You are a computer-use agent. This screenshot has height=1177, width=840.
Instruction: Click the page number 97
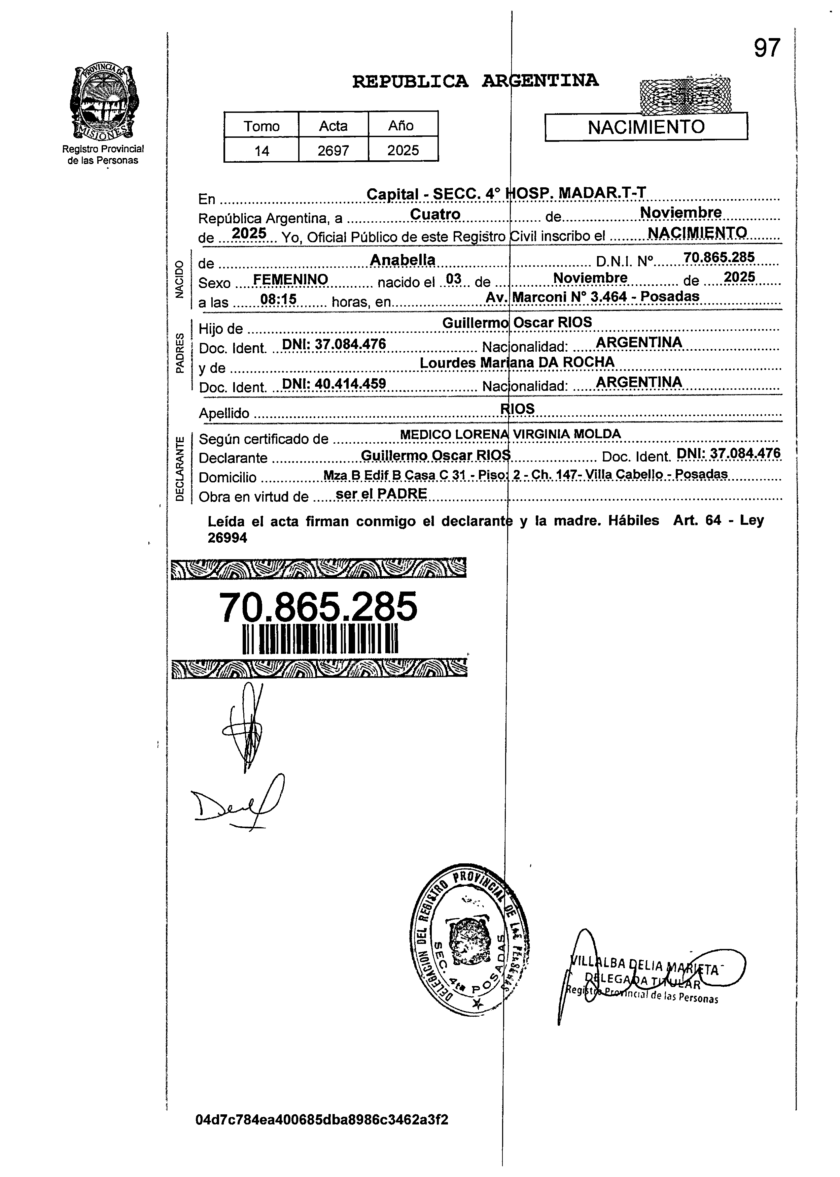[x=767, y=49]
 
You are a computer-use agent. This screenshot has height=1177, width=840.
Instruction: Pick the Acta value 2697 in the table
[x=333, y=151]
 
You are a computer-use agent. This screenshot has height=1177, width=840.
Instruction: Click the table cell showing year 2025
[x=403, y=151]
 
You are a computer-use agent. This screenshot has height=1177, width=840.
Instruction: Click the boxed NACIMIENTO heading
[x=646, y=127]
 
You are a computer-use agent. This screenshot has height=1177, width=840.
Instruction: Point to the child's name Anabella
[x=403, y=260]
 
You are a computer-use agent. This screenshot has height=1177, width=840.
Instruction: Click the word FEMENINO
[x=291, y=280]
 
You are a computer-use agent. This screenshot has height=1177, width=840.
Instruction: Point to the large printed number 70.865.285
[x=318, y=607]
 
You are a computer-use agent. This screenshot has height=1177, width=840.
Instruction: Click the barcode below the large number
[x=320, y=640]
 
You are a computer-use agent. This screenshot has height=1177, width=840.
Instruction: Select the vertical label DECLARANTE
[x=179, y=469]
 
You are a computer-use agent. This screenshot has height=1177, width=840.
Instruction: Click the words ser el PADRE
[x=381, y=494]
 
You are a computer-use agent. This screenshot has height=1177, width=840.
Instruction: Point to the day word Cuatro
[x=435, y=214]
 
